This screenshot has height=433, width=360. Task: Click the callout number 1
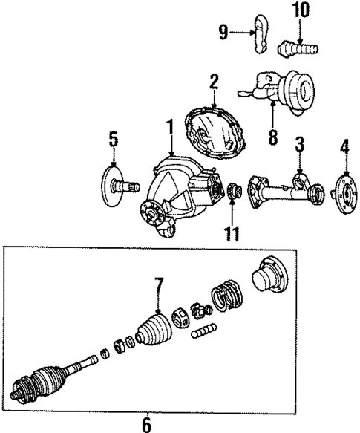point(170,128)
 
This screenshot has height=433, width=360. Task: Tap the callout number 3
point(298,143)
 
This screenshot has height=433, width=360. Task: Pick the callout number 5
point(113,138)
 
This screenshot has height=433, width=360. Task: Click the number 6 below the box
point(146,425)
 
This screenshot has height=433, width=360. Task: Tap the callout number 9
point(223,30)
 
